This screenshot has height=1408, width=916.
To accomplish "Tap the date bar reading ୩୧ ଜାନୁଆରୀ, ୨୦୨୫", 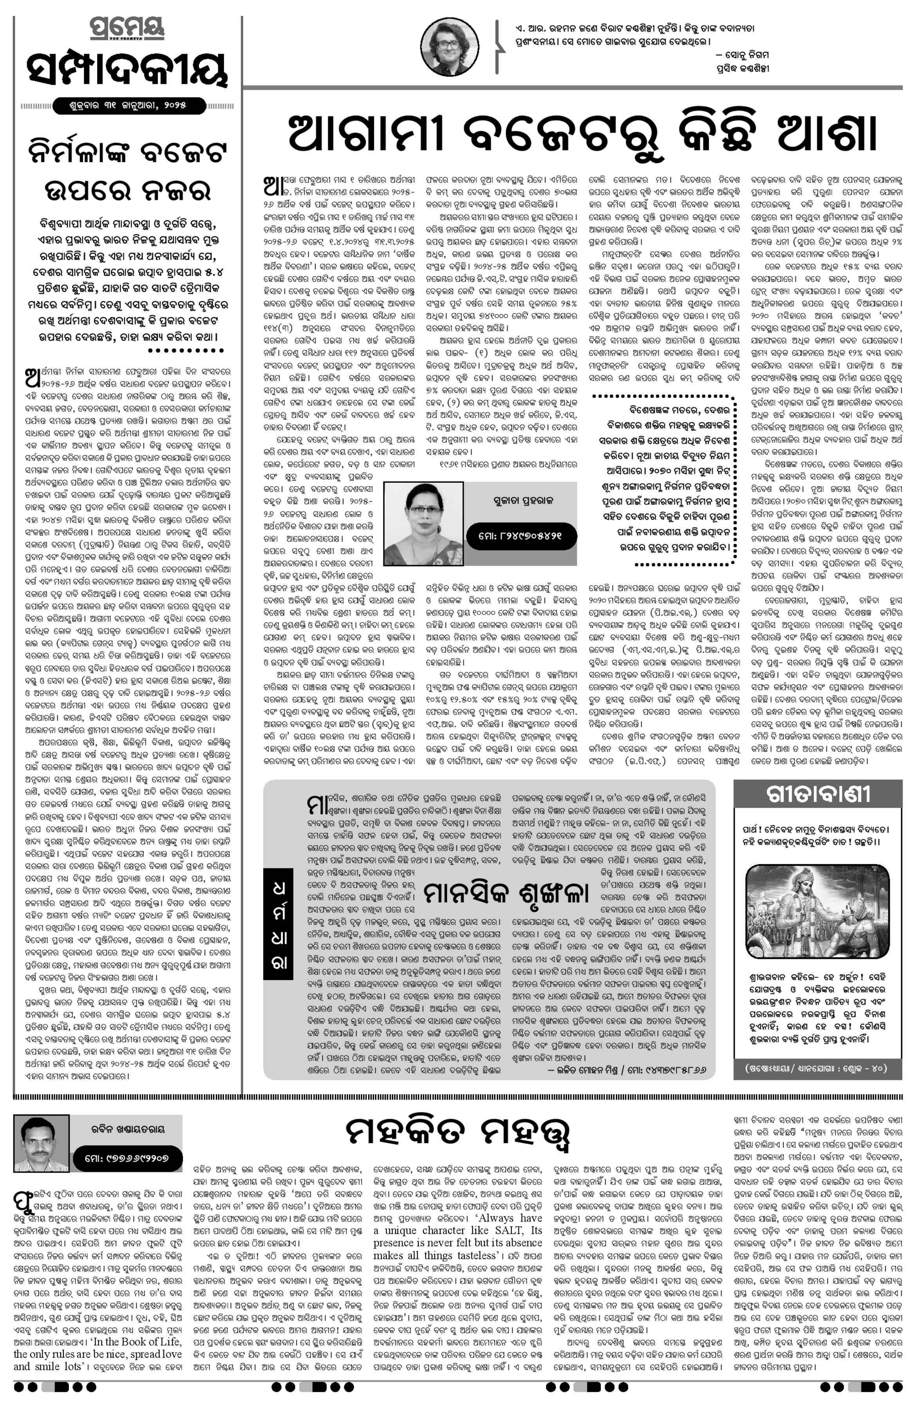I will click(128, 107).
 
